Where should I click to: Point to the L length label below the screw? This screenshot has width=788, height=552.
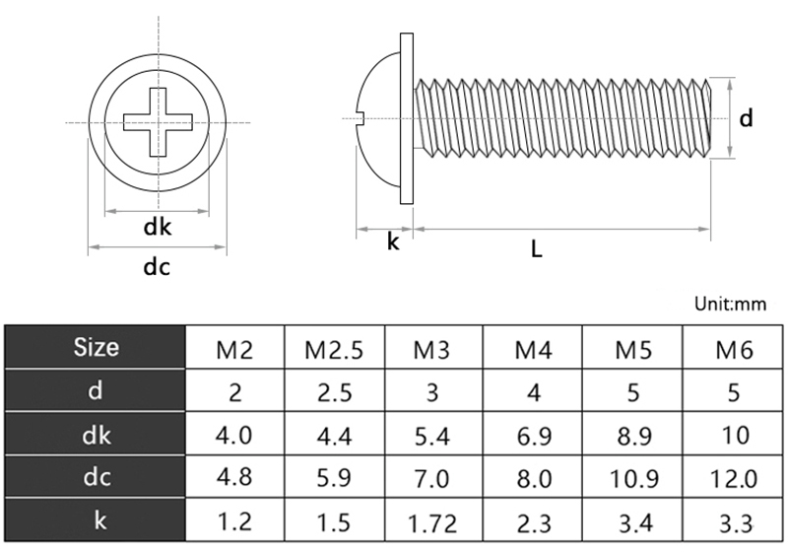pyautogui.click(x=536, y=249)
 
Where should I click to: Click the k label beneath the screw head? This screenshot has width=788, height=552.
pyautogui.click(x=393, y=241)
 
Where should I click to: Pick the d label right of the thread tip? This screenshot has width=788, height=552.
pyautogui.click(x=747, y=118)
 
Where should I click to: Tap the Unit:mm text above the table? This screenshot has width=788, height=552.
pyautogui.click(x=730, y=304)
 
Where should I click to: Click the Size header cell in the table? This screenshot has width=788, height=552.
pyautogui.click(x=96, y=347)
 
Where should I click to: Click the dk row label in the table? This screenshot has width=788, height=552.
pyautogui.click(x=96, y=435)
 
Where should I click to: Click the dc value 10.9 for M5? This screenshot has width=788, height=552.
pyautogui.click(x=631, y=479)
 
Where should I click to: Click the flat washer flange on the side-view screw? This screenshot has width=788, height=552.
pyautogui.click(x=406, y=118)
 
